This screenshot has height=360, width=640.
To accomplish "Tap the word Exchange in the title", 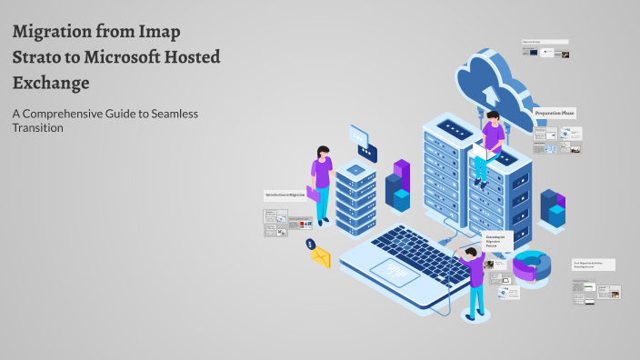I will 51,84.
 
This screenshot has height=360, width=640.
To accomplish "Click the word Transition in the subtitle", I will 37,128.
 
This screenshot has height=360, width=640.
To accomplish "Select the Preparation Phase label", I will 555,113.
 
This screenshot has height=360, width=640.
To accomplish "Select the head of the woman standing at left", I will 322,152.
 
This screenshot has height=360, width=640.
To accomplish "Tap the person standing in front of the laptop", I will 474,277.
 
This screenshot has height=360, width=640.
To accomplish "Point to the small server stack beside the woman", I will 355,195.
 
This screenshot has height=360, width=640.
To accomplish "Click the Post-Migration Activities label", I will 594,265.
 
